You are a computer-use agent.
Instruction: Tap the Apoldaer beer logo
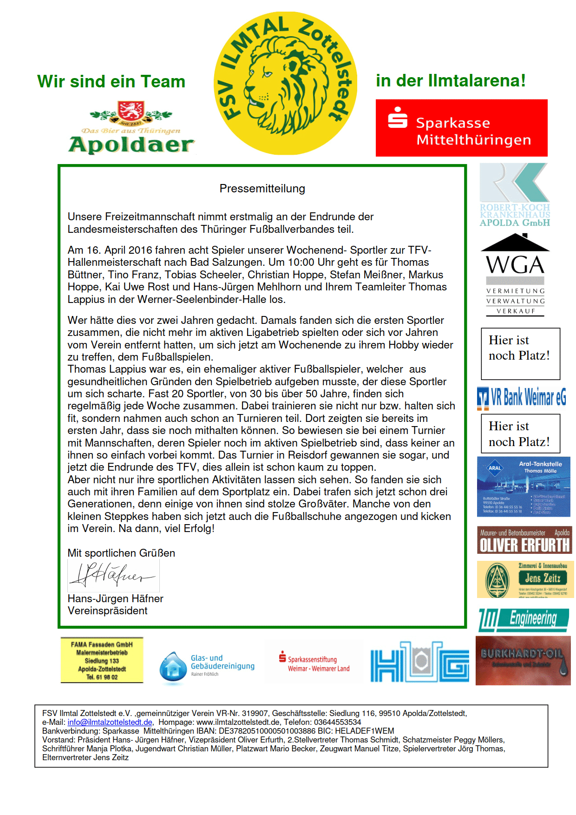click(x=131, y=127)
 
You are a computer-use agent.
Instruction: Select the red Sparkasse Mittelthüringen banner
click(x=461, y=128)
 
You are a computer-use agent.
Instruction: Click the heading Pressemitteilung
click(x=262, y=189)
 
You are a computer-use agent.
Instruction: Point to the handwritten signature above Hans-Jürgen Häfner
click(x=114, y=576)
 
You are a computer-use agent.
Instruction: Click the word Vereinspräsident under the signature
click(x=107, y=611)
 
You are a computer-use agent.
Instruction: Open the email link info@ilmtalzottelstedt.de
click(x=110, y=723)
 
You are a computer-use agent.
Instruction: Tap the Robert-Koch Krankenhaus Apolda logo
click(x=514, y=195)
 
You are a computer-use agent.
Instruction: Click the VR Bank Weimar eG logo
click(x=522, y=398)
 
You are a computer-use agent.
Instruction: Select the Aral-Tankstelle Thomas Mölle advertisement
click(x=524, y=487)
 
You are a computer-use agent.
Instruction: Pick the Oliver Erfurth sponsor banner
click(x=524, y=540)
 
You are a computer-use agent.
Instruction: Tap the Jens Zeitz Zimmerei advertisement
click(x=525, y=579)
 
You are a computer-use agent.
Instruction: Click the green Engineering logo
click(x=524, y=620)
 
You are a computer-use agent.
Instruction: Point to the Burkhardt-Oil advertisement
click(x=523, y=661)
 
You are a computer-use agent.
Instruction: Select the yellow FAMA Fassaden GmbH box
click(x=102, y=660)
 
